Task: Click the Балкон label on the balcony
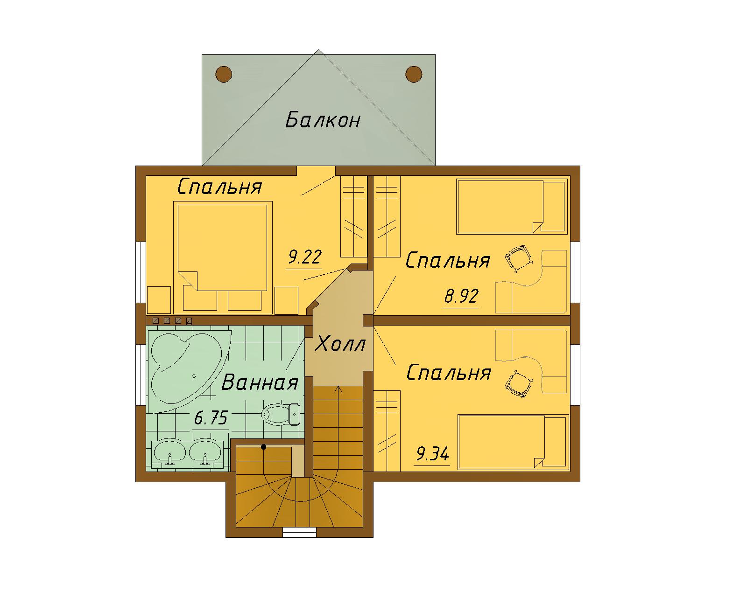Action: (x=323, y=120)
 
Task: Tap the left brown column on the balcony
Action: (x=224, y=74)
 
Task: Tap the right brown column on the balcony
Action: (x=414, y=74)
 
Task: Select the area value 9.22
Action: (x=305, y=257)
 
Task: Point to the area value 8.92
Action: (x=461, y=296)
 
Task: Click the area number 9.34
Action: (x=432, y=454)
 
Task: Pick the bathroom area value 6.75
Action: (x=211, y=417)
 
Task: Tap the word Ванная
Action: (x=260, y=382)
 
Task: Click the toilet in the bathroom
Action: (x=281, y=414)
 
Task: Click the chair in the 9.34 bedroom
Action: (x=519, y=384)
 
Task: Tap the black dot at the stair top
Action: (x=263, y=447)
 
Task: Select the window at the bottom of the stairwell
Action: (x=299, y=533)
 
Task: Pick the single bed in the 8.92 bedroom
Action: (x=512, y=207)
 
